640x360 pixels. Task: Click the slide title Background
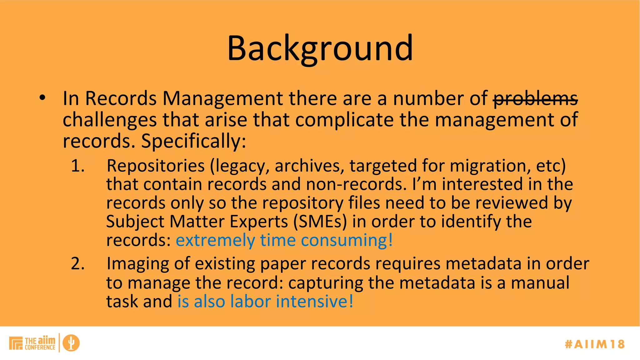(x=320, y=48)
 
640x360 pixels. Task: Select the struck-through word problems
(x=535, y=99)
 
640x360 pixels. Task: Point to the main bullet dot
(x=42, y=98)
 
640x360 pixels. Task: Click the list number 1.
(x=77, y=166)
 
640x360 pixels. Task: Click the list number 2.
(x=77, y=264)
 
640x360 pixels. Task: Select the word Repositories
(x=155, y=166)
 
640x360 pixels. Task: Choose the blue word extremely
(x=215, y=241)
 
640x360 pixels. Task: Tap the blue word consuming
(x=346, y=241)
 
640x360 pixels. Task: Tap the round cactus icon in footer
(x=71, y=343)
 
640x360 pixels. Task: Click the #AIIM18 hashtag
(x=595, y=344)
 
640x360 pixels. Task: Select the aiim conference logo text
(x=40, y=343)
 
